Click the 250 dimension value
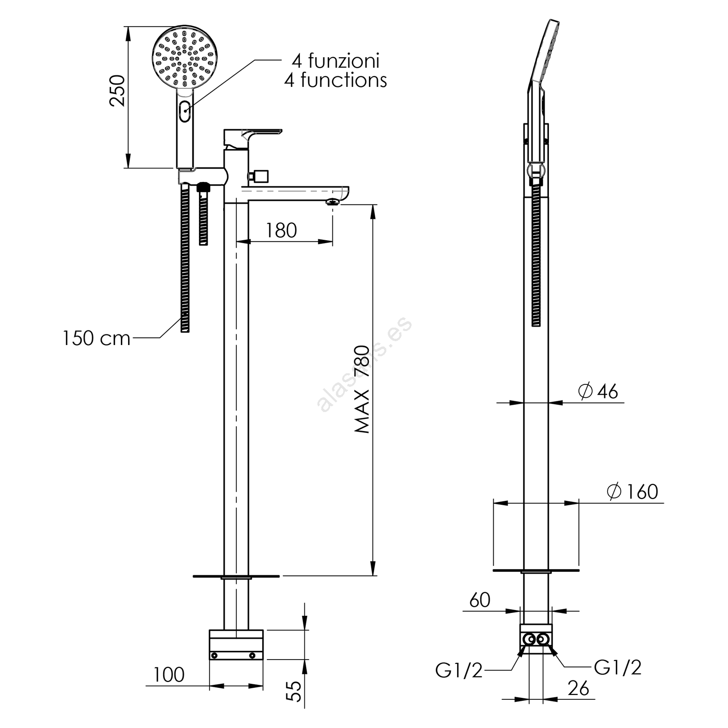pyautogui.click(x=117, y=91)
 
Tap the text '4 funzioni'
pyautogui.click(x=335, y=61)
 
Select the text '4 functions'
pyautogui.click(x=335, y=80)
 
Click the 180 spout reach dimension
pyautogui.click(x=281, y=230)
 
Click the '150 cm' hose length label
pyautogui.click(x=97, y=338)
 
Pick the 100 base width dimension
pyautogui.click(x=169, y=674)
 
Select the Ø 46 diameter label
pyautogui.click(x=599, y=391)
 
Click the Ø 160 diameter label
pyautogui.click(x=632, y=492)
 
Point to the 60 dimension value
pyautogui.click(x=480, y=600)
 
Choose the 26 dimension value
pyautogui.click(x=578, y=688)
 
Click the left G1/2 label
pyautogui.click(x=459, y=670)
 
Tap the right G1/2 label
pyautogui.click(x=617, y=668)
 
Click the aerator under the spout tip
pyautogui.click(x=332, y=202)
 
